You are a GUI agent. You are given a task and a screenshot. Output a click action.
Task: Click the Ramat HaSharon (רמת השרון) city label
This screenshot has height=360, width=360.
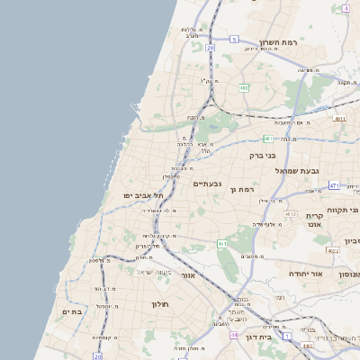pos(278,42)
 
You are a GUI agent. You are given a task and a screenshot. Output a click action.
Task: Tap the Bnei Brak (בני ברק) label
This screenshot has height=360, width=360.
pos(261,155)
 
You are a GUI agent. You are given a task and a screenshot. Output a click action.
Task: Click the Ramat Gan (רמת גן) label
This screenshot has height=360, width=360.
pos(244,189)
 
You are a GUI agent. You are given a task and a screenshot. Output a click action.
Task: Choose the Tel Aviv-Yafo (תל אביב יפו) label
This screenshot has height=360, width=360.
pos(145,194)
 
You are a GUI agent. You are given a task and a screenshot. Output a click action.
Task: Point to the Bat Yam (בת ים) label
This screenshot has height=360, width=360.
pos(72,310)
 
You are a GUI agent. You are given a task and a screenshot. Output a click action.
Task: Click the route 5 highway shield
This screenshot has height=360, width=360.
pos(234,40)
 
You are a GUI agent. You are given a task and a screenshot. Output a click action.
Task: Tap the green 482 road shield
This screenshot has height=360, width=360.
pos(245,88)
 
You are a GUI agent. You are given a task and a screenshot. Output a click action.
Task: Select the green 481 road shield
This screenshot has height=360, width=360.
pos(267,138)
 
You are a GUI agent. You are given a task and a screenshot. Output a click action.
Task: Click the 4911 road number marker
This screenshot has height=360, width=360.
pos(339,118)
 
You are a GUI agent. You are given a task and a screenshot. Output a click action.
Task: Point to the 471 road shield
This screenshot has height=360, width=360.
pos(334,185)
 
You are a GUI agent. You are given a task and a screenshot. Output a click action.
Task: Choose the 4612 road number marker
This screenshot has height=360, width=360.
pos(290,214)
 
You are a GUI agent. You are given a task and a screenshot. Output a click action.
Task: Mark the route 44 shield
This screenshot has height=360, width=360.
pos(232,335)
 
